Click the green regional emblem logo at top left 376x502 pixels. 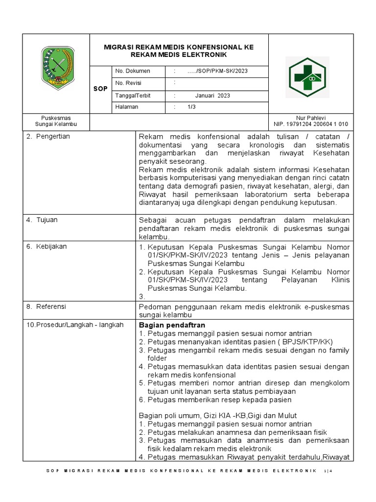point(57,65)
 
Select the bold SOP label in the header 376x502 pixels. point(100,89)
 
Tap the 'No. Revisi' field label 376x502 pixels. point(128,83)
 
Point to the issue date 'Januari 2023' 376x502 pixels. point(212,96)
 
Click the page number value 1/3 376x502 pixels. point(191,107)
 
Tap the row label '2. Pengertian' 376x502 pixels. point(48,136)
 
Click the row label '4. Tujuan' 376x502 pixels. point(42,220)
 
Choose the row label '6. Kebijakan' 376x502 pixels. point(47,246)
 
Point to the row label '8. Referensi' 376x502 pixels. point(47,306)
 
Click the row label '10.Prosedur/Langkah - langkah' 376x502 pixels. point(75,325)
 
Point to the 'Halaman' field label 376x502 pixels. point(127,107)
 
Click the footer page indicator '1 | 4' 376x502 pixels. point(328,471)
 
